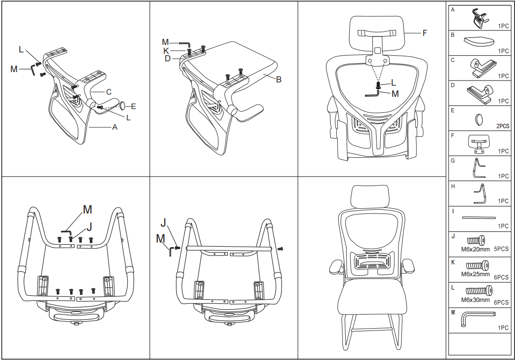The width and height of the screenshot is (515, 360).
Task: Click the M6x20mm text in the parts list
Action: pyautogui.click(x=475, y=250)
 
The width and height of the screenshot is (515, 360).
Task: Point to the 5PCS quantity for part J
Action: pyautogui.click(x=501, y=250)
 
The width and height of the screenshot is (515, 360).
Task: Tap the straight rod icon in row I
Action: pyautogui.click(x=479, y=218)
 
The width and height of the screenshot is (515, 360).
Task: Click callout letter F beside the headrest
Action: pyautogui.click(x=424, y=33)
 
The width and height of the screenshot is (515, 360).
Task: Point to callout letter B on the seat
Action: pyautogui.click(x=279, y=80)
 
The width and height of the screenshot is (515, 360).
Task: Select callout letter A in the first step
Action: pyautogui.click(x=115, y=127)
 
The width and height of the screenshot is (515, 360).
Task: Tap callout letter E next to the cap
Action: pyautogui.click(x=133, y=106)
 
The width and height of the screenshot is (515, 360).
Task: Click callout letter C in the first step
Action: pyautogui.click(x=109, y=91)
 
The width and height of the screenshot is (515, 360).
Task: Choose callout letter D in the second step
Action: pyautogui.click(x=167, y=59)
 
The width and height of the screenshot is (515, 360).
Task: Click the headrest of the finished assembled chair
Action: pyautogui.click(x=370, y=196)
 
